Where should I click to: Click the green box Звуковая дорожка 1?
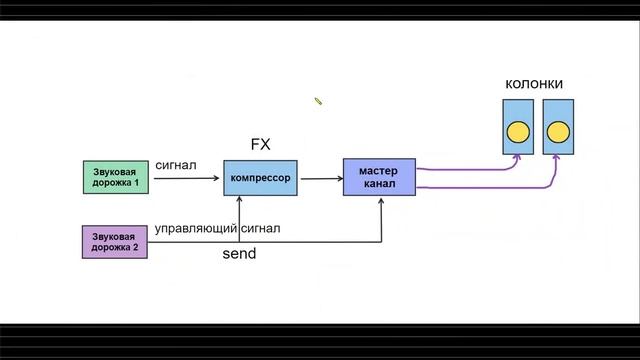tap(116, 176)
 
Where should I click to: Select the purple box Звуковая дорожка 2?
tap(116, 242)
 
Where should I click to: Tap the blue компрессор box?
tap(260, 178)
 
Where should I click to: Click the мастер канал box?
tap(378, 178)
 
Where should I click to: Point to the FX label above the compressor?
tap(260, 145)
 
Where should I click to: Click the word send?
tap(239, 254)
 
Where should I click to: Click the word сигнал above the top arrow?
tap(176, 163)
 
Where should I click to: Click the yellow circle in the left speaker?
tap(518, 131)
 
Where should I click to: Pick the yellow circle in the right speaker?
tap(557, 131)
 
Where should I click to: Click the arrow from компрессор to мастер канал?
tap(321, 179)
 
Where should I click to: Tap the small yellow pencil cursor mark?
tap(318, 100)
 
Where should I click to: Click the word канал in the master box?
tap(379, 186)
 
